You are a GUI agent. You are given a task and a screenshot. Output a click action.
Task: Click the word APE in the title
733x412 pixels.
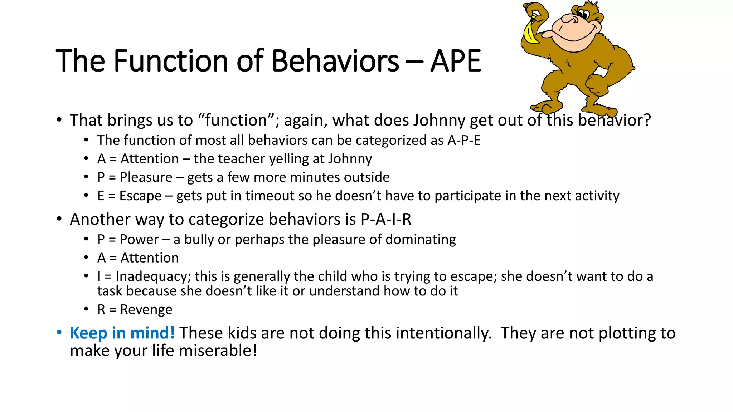(x=455, y=61)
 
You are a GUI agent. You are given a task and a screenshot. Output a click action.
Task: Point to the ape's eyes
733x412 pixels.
(x=583, y=15)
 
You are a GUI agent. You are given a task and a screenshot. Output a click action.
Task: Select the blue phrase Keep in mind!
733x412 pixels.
(x=122, y=333)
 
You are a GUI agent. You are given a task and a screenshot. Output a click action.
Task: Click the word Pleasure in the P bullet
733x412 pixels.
(x=146, y=177)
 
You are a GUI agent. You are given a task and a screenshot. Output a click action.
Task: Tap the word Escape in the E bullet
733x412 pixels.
(x=140, y=196)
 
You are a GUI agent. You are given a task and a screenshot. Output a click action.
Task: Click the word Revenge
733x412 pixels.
(x=146, y=309)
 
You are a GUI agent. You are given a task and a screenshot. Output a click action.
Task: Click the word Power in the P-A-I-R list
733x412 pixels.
(x=139, y=239)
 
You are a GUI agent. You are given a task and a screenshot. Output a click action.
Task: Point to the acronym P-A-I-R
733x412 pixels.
(x=386, y=219)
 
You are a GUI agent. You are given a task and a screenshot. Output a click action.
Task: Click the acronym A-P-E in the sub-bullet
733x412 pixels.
(x=464, y=141)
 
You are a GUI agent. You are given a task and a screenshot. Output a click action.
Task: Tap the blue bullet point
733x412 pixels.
(x=59, y=332)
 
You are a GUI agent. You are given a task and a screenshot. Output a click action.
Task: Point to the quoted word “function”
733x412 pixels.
(x=236, y=120)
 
